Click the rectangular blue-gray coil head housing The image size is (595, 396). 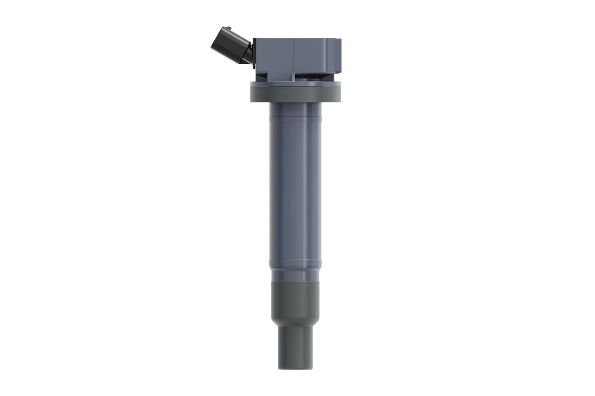[x=294, y=55]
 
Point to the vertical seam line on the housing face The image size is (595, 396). [x=293, y=55]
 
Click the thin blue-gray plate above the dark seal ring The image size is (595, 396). [x=295, y=83]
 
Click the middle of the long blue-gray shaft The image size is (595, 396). [x=295, y=190]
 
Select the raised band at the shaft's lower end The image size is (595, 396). [x=295, y=263]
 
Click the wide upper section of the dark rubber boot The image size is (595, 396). [x=295, y=297]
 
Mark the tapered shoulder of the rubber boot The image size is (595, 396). [x=295, y=322]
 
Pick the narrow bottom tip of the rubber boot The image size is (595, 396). [x=295, y=348]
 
